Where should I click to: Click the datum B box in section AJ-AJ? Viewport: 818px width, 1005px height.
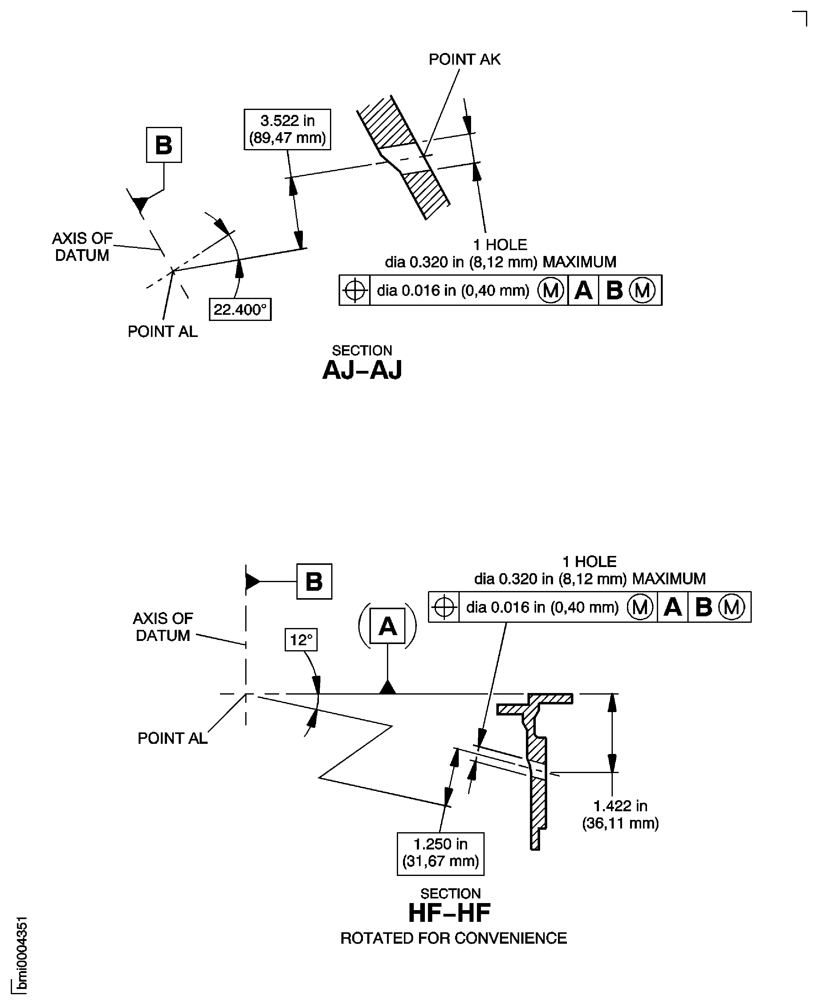pos(164,144)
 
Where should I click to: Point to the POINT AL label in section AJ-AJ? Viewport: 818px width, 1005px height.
pos(163,331)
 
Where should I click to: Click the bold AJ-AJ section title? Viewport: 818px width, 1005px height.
pos(362,370)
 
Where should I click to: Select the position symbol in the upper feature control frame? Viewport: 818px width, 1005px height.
pos(355,290)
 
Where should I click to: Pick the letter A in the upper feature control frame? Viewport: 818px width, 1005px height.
pos(583,290)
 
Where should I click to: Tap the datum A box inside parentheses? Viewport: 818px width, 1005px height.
pos(387,626)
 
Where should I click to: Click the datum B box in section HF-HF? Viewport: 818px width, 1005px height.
pos(314,581)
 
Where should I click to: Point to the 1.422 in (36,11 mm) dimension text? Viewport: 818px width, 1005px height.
pos(620,814)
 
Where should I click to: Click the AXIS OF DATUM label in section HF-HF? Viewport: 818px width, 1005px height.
pos(163,626)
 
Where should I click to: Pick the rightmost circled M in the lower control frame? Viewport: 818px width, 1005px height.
pos(731,607)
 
